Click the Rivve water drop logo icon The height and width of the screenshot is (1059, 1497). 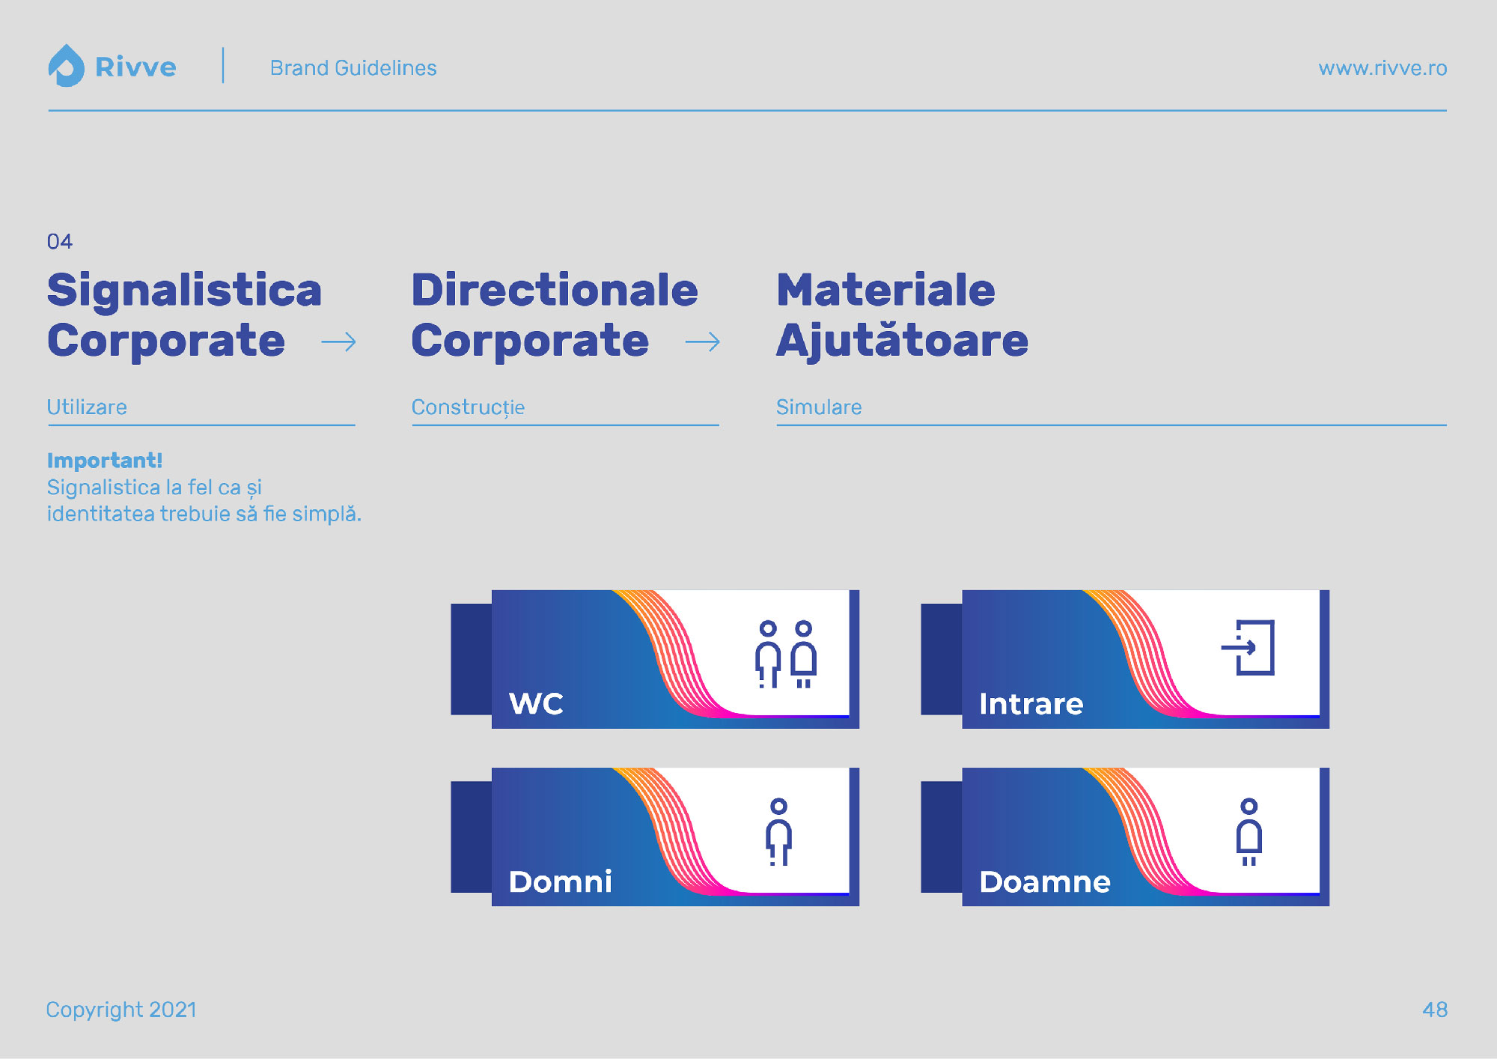point(66,66)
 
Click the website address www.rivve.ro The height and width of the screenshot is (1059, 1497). point(1382,68)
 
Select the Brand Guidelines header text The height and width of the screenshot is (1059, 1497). point(353,68)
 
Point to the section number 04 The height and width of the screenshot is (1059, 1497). point(60,241)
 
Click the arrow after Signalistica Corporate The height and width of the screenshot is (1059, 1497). point(338,342)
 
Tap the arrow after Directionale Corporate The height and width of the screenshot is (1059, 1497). point(702,342)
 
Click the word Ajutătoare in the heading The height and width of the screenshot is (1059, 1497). point(902,341)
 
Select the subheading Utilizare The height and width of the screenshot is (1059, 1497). point(87,407)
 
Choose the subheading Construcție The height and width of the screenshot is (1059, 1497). point(468,407)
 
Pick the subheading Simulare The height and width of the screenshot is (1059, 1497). point(819,407)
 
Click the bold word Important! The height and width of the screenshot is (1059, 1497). point(105,460)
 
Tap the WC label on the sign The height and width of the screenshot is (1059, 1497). point(536,703)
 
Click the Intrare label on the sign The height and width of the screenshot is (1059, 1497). point(1031,704)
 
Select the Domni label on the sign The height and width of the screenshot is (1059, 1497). point(560,882)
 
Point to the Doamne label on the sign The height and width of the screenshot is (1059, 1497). point(1045,882)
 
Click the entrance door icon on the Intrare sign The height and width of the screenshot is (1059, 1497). point(1248,648)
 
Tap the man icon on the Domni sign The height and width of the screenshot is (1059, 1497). point(779,832)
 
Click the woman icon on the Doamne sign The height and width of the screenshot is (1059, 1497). point(1249,832)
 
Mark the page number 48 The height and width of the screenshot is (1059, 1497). point(1435,1010)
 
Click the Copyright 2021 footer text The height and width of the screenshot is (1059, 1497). point(121,1010)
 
